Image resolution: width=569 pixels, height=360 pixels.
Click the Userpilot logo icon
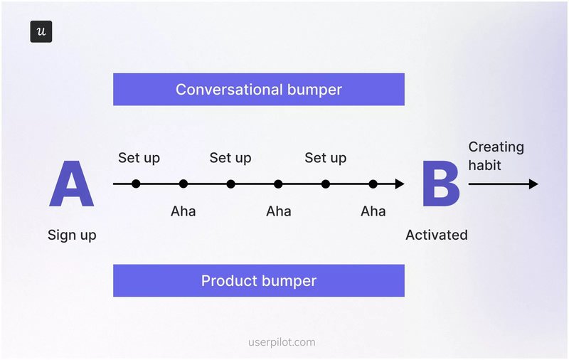coord(41,32)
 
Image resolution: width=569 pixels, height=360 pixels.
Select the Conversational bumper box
coord(259,90)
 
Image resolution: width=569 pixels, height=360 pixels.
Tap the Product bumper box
coord(259,280)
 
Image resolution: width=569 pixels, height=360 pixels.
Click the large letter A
coord(71,184)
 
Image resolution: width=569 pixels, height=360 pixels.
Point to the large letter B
coord(440,184)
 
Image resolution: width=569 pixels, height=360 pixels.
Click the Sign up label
coord(72,235)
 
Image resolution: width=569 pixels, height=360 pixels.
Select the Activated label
coord(437,235)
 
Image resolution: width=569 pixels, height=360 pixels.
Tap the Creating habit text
coord(496,156)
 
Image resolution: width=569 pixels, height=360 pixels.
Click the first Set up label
coord(139,157)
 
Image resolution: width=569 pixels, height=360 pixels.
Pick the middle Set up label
coord(230,157)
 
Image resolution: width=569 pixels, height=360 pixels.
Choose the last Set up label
coord(325,157)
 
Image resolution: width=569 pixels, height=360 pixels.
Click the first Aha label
coord(184,211)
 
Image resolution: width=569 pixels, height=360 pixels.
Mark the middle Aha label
coord(278,211)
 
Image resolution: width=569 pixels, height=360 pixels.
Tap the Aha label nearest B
coord(373,211)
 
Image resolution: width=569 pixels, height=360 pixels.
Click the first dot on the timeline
coord(136,184)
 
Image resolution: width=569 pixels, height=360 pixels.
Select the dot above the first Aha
coord(184,184)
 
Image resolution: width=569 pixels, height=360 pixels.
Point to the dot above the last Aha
coord(373,184)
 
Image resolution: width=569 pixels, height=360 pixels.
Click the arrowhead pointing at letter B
coord(400,184)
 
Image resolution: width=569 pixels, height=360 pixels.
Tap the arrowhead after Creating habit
coord(533,184)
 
